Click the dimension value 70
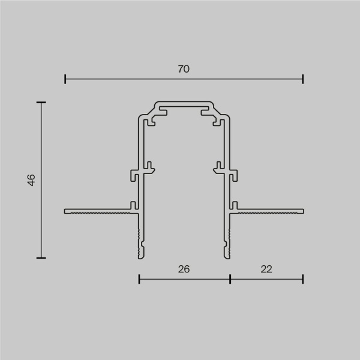pos(184,69)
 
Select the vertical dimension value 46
pos(31,180)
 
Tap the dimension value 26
pos(184,269)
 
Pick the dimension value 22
pos(266,269)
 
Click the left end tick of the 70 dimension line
pos(65,79)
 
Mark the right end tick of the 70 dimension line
pos(303,79)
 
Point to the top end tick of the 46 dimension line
pos(41,103)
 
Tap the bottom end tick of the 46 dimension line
pos(41,257)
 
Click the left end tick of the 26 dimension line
pos(139,278)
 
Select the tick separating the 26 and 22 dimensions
pos(230,278)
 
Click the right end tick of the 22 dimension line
pos(303,278)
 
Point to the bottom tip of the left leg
pos(141,256)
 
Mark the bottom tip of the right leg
pos(227,256)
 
